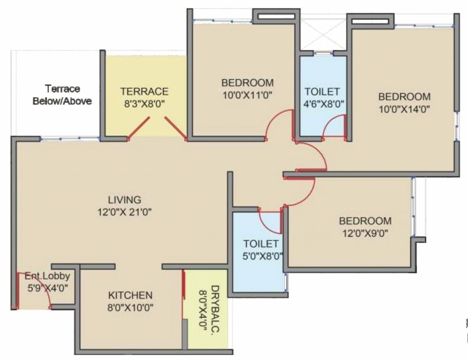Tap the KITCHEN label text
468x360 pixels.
click(130, 295)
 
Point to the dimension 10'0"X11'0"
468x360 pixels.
click(247, 95)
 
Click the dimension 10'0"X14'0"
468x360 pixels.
click(404, 109)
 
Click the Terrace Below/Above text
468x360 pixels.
click(62, 95)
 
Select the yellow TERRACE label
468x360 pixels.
click(144, 91)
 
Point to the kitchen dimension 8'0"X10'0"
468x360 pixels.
click(131, 307)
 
